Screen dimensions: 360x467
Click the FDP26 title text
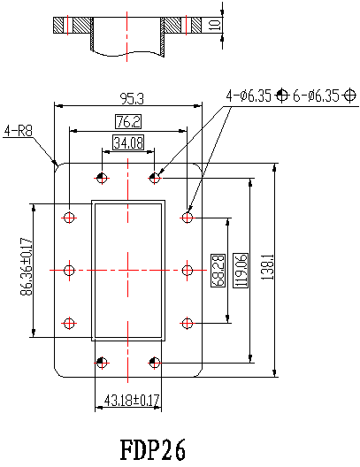[153, 449]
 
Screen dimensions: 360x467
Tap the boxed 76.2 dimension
[128, 121]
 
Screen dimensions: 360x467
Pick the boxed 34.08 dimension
[128, 142]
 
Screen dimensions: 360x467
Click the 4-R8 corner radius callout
[19, 131]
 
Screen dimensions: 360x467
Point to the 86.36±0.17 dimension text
[27, 266]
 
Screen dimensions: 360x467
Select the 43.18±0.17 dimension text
[132, 401]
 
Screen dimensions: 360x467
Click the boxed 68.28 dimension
[218, 271]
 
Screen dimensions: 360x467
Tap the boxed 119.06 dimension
[241, 271]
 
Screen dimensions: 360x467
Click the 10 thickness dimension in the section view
[215, 25]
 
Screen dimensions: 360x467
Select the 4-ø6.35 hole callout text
[249, 96]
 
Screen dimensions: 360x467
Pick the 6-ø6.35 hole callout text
[317, 96]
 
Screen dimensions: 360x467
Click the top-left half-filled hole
[102, 179]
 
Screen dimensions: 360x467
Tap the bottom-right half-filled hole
[154, 363]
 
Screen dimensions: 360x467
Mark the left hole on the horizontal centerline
[69, 271]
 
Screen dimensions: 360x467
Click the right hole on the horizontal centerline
[187, 271]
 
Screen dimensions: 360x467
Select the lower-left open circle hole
[69, 323]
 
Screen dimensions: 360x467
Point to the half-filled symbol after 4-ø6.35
[281, 96]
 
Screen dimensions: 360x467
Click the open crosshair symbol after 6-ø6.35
[349, 96]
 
